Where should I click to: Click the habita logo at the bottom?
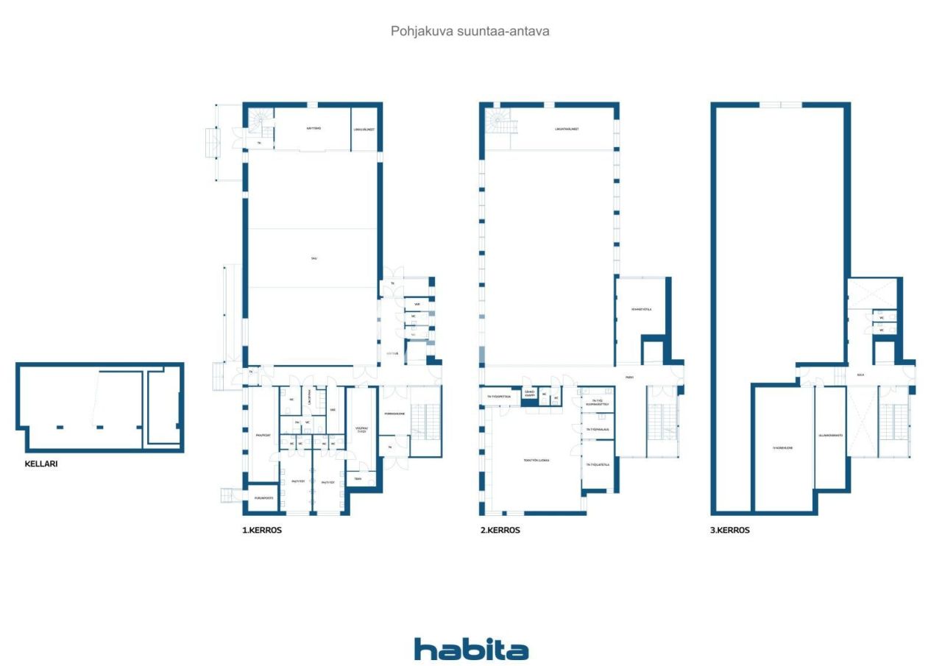(471, 649)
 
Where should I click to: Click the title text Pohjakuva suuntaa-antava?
(470, 32)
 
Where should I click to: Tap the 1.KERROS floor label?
(262, 530)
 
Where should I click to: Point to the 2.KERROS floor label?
(500, 530)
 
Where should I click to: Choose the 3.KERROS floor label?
(730, 530)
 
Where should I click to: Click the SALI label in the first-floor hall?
(314, 258)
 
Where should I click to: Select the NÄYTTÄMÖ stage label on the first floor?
(314, 128)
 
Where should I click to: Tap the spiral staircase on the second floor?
(500, 121)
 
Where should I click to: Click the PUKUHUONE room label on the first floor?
(394, 414)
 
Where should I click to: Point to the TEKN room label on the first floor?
(358, 479)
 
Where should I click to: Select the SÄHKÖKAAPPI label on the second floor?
(528, 393)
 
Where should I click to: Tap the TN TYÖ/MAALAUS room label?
(598, 429)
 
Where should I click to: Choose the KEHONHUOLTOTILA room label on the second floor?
(642, 309)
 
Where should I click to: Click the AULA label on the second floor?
(629, 378)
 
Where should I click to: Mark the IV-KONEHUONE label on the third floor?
(782, 447)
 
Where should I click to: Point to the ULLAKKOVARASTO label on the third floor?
(830, 435)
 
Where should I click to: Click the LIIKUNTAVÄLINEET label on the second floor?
(567, 129)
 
